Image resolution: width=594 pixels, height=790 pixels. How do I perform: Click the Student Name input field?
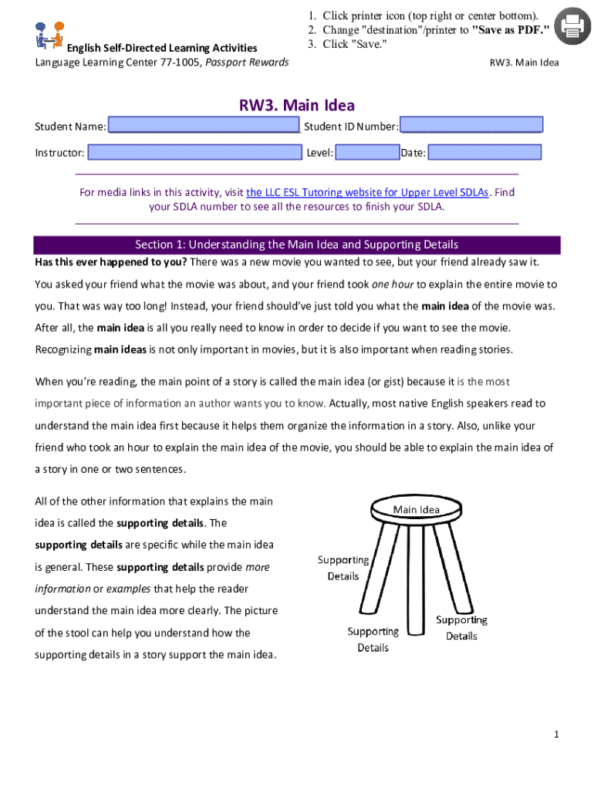pos(204,126)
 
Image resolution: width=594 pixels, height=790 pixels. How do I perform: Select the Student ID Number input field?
pos(472,126)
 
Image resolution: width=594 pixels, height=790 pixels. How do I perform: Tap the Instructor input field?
pos(194,153)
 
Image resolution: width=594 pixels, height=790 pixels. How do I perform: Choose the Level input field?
pos(367,153)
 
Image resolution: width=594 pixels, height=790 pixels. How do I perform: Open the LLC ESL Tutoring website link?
pos(367,192)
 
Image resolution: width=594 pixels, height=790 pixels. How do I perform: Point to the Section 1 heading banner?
pos(297,245)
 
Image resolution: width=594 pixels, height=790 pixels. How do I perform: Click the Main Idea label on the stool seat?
pos(416,509)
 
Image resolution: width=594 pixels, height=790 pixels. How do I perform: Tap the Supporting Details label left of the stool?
pos(343,568)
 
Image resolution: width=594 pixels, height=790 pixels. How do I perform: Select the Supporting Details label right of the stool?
pos(461,628)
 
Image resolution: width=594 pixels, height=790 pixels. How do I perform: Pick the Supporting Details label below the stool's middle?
pos(373,640)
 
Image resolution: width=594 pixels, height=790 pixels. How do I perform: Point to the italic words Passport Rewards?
pos(247,62)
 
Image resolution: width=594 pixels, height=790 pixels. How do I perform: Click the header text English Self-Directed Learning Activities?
pos(161,49)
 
